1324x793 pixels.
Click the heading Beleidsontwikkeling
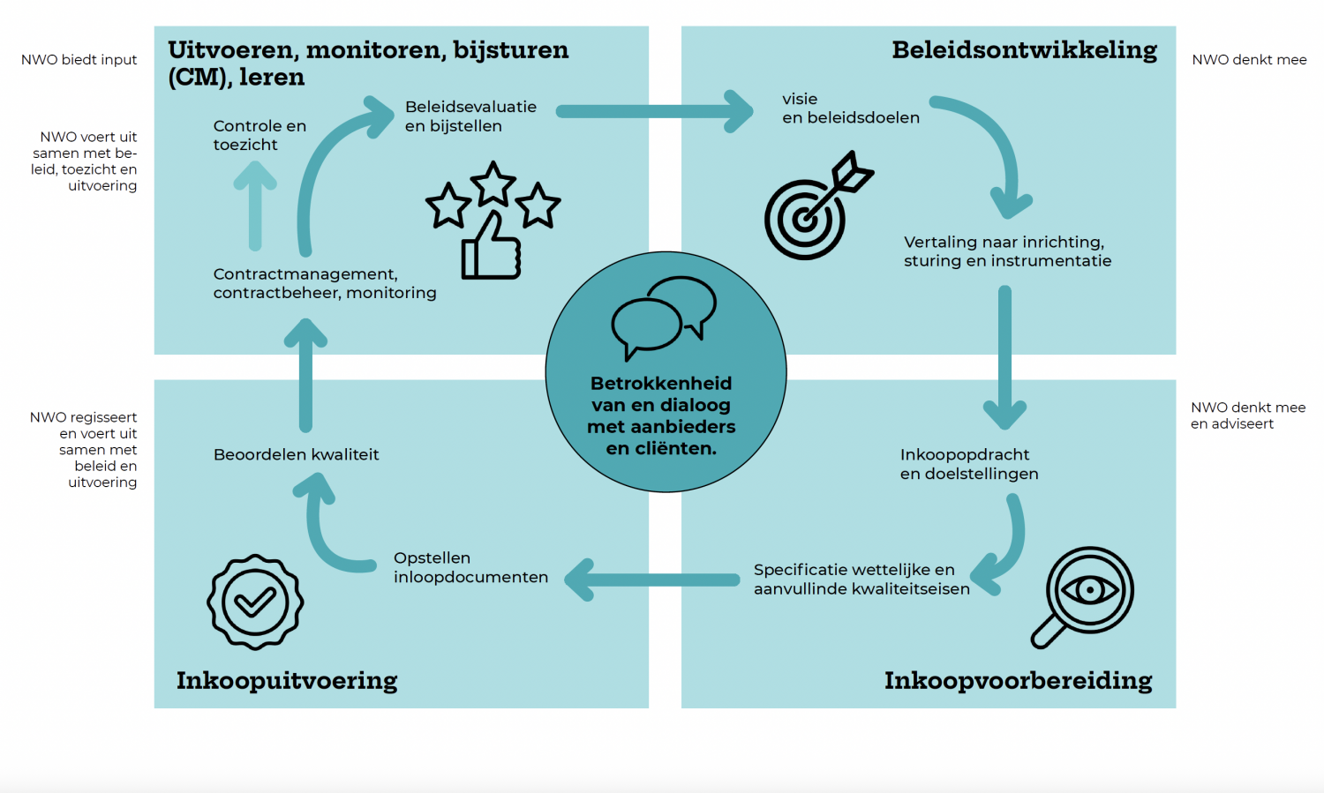tap(1024, 51)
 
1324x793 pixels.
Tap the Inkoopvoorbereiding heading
tap(1018, 681)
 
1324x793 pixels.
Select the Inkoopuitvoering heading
tap(287, 681)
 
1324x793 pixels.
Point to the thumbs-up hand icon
tap(491, 247)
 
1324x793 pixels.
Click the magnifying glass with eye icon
tap(1084, 595)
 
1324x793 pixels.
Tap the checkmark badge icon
tap(255, 602)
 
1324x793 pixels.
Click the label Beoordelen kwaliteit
tap(296, 455)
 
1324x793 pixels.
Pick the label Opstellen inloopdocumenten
tap(470, 568)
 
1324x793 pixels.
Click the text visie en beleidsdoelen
tap(850, 108)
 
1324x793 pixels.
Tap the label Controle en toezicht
tap(260, 135)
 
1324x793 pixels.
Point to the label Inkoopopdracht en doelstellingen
tap(968, 464)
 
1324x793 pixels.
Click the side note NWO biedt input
tap(79, 60)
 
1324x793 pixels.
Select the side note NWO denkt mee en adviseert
tap(1247, 415)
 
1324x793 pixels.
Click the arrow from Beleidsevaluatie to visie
tap(653, 111)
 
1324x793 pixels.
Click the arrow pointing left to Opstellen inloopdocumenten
tap(653, 580)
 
